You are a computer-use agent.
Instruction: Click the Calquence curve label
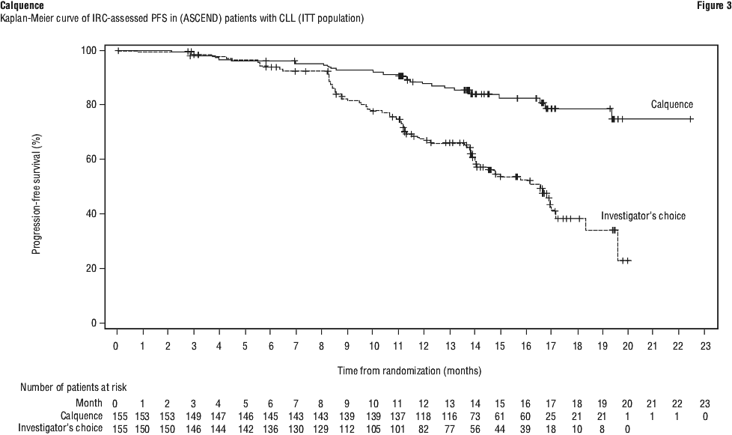pos(672,105)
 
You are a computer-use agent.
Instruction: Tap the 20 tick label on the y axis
pos(96,269)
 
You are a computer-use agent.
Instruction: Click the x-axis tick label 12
pos(424,347)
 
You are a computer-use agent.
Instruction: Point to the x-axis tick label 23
pos(706,347)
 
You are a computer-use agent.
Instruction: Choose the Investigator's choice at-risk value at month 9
pos(347,428)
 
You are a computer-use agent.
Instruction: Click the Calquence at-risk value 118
pos(424,415)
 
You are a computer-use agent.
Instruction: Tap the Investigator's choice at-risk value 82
pos(424,428)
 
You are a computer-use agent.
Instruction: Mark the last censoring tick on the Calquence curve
pos(691,119)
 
